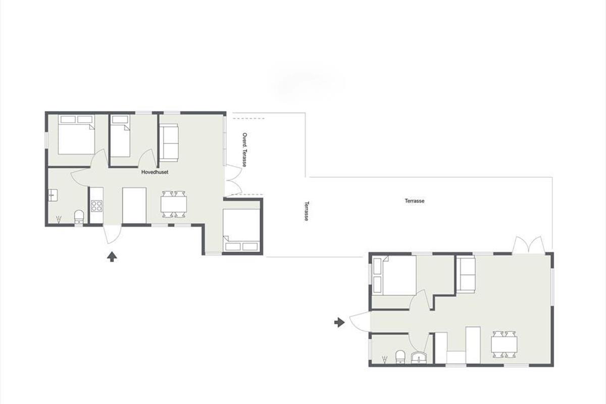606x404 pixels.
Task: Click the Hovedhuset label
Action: tap(155, 172)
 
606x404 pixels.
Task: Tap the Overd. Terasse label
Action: tap(244, 149)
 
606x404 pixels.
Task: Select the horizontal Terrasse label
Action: tap(415, 201)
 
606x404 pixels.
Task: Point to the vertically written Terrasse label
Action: tap(307, 211)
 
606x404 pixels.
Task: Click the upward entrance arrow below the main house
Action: tap(112, 257)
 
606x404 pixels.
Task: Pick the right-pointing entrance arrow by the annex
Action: tap(339, 322)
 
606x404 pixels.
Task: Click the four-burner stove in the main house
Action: tap(96, 206)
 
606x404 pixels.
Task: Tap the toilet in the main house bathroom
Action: tap(79, 217)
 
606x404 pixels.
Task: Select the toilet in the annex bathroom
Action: tap(400, 357)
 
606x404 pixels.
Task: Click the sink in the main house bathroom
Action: tap(53, 195)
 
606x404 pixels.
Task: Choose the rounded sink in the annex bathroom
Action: tap(419, 358)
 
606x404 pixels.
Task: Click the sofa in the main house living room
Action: tap(169, 143)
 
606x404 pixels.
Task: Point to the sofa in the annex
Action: tap(466, 275)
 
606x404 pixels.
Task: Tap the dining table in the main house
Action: tap(174, 205)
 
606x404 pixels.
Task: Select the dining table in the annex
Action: tap(504, 344)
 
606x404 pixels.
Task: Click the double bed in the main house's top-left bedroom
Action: tap(77, 135)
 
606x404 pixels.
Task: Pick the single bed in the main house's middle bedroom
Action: tap(121, 136)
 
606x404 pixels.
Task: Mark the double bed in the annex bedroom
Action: tap(394, 275)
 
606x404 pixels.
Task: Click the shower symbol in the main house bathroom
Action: tap(59, 219)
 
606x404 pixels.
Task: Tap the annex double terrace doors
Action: tap(529, 245)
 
